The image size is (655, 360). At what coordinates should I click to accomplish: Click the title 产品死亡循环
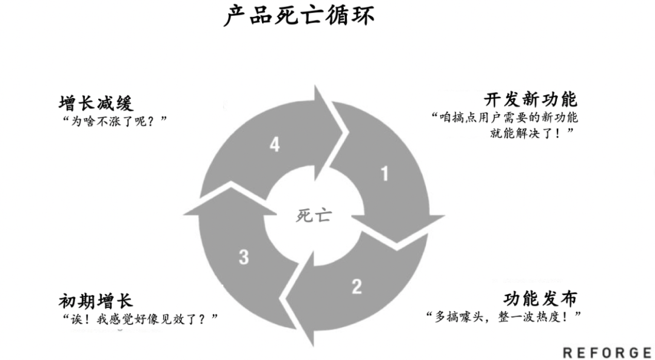pos(298,15)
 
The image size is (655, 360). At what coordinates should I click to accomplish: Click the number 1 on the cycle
pos(384,174)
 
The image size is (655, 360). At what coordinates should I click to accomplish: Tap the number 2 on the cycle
pos(357,286)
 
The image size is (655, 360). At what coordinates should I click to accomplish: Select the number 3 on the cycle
pos(244,257)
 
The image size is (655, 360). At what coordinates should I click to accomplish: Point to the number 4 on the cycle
pos(275,145)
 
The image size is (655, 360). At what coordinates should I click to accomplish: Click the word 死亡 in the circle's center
pos(314,215)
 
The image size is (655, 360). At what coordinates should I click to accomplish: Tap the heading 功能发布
pos(540,298)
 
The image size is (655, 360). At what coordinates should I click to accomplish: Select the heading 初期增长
pos(96,301)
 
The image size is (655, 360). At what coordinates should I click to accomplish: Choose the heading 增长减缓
pos(96,102)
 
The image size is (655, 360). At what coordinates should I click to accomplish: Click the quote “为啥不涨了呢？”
pos(114,121)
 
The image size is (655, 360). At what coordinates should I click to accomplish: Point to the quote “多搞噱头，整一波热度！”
pos(504,316)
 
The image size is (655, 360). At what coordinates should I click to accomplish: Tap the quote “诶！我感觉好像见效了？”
pos(139,319)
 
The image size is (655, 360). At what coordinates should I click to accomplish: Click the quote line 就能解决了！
pos(532,133)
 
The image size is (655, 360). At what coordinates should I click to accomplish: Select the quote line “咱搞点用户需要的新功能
pos(504,116)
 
